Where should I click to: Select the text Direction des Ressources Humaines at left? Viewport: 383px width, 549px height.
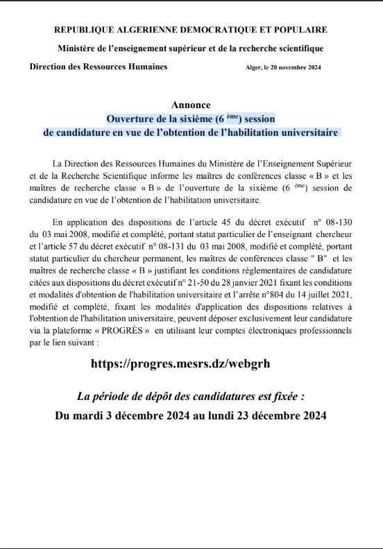click(x=98, y=67)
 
